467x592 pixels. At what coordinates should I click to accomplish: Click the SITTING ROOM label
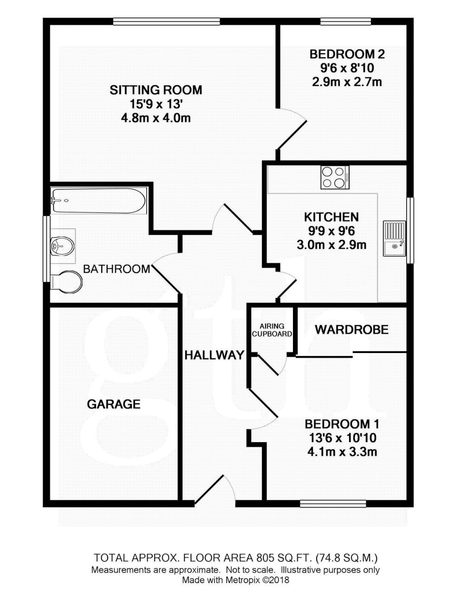tap(156, 90)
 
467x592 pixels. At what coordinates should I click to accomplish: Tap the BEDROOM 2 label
tap(347, 54)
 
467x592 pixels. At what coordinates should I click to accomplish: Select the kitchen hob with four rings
tap(335, 177)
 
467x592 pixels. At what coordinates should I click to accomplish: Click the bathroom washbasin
tap(62, 245)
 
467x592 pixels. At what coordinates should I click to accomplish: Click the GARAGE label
tap(114, 404)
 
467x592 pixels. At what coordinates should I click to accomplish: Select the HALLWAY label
tap(214, 355)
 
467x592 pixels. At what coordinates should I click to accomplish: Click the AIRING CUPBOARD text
tap(272, 330)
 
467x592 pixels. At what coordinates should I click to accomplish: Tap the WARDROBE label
tap(351, 329)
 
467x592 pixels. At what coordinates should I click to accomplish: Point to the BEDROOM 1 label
tap(342, 424)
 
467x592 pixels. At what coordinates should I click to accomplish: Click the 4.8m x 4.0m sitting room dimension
tap(156, 118)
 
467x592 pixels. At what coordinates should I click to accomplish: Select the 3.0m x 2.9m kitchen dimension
tap(331, 245)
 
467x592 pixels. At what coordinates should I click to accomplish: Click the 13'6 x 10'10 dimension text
tap(342, 438)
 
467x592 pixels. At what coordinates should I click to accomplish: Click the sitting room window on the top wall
tap(167, 21)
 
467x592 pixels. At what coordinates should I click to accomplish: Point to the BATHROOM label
tap(117, 269)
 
